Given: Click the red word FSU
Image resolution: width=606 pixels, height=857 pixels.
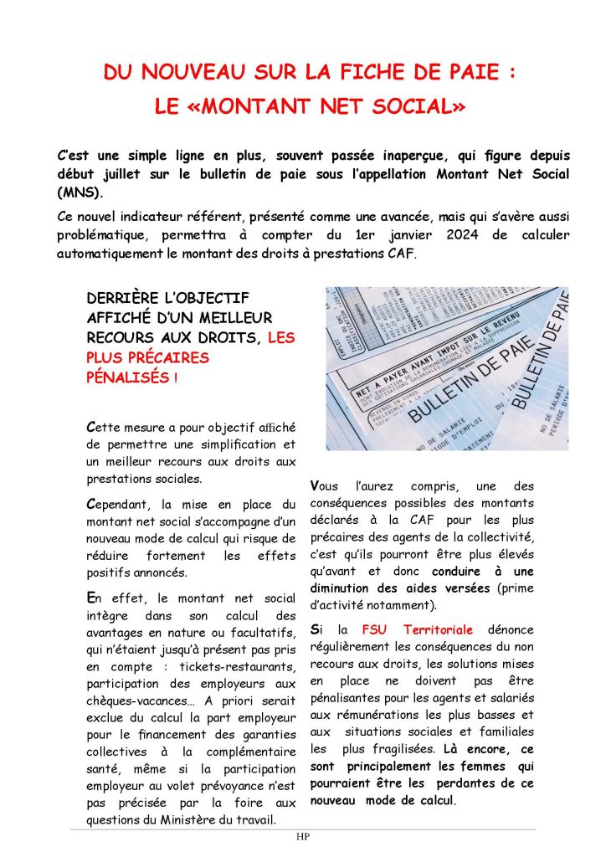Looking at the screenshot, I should click(x=376, y=629).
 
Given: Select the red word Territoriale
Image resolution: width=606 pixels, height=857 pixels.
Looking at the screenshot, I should click(x=438, y=629).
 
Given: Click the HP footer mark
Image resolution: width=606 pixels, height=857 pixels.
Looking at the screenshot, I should click(x=302, y=837).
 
